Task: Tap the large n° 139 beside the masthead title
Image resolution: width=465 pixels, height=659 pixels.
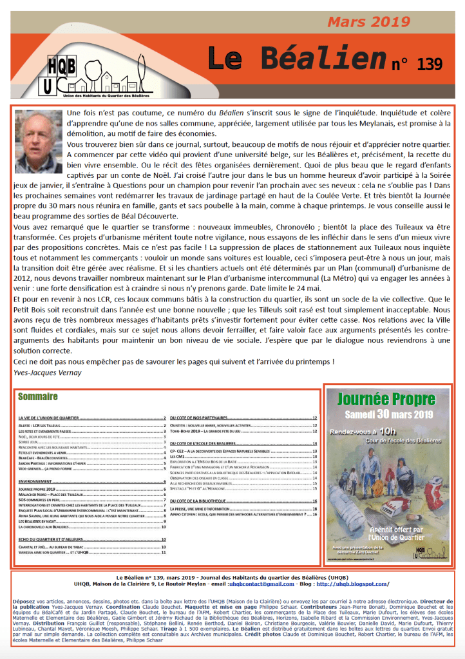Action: [x=417, y=64]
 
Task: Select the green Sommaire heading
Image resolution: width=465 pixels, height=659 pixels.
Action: [x=38, y=396]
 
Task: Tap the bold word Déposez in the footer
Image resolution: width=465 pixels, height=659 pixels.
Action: [x=24, y=601]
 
